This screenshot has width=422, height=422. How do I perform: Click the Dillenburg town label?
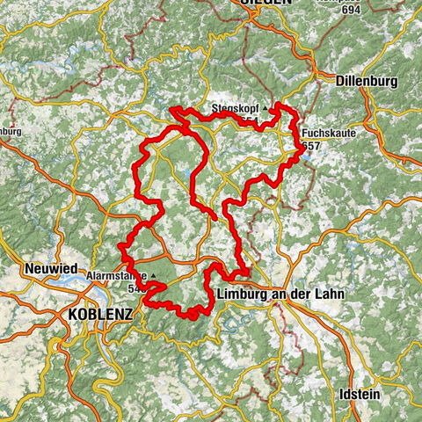(367, 80)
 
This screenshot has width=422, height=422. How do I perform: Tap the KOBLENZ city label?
(99, 314)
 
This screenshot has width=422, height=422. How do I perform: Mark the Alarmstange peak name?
(117, 275)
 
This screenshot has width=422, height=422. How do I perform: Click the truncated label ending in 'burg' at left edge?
(10, 132)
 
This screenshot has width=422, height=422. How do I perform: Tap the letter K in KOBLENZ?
(73, 314)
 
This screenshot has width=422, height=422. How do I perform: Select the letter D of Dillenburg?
(340, 80)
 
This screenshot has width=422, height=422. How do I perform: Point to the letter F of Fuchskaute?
(304, 132)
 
